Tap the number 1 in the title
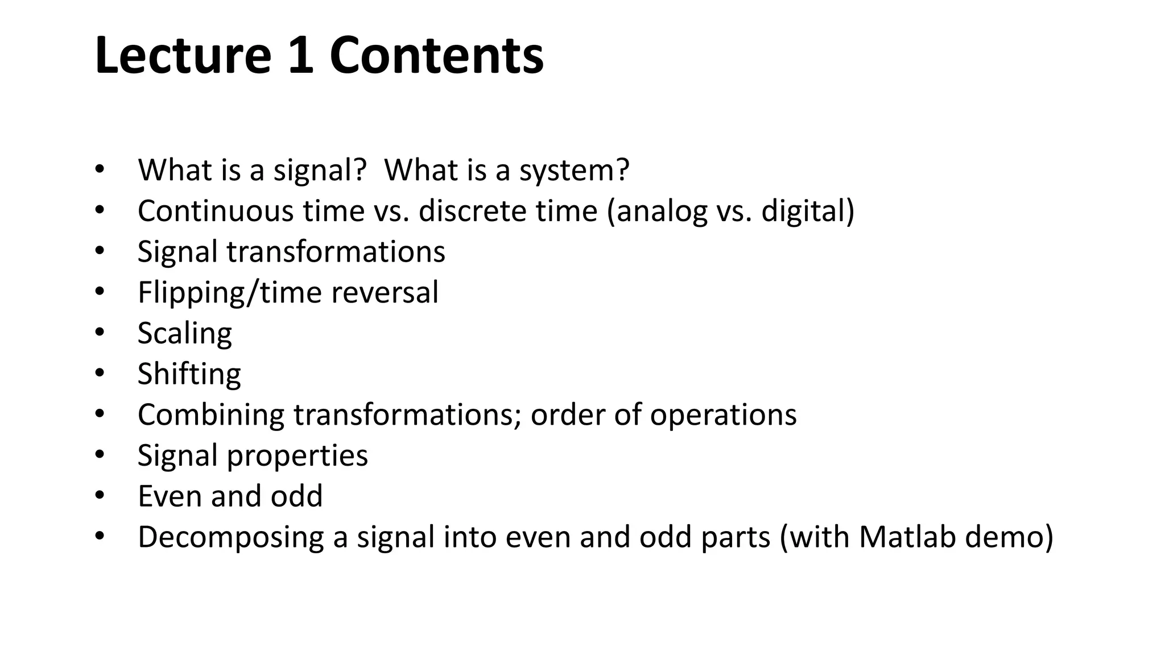click(301, 55)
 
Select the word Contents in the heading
click(436, 55)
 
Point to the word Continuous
click(214, 211)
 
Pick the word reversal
click(385, 292)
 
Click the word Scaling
click(185, 334)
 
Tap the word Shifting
click(189, 374)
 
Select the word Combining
click(211, 416)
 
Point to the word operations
click(723, 416)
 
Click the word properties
click(297, 456)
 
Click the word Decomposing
click(230, 538)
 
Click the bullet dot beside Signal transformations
click(100, 251)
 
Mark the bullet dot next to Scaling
click(100, 332)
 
